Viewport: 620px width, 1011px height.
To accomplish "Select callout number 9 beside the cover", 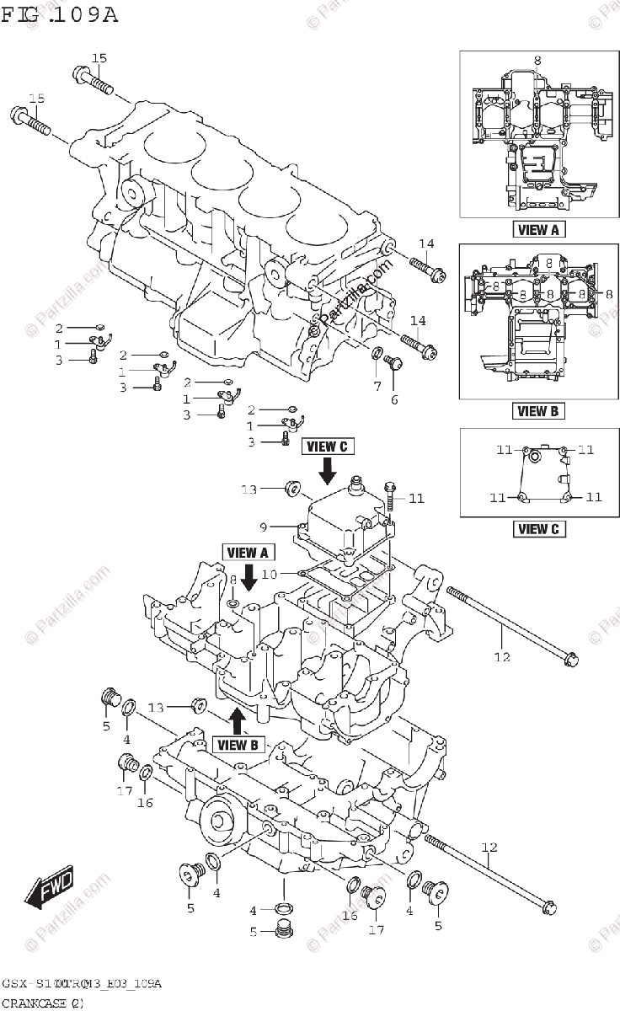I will point(263,527).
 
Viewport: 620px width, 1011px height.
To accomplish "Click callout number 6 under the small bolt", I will point(393,399).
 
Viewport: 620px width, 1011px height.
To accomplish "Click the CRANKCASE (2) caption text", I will point(42,1003).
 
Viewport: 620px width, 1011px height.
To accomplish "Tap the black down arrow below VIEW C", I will point(327,467).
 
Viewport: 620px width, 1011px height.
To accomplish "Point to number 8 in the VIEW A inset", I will point(537,60).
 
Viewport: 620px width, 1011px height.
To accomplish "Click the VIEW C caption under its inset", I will point(532,529).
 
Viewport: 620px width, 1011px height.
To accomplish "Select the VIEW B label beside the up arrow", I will point(238,744).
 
